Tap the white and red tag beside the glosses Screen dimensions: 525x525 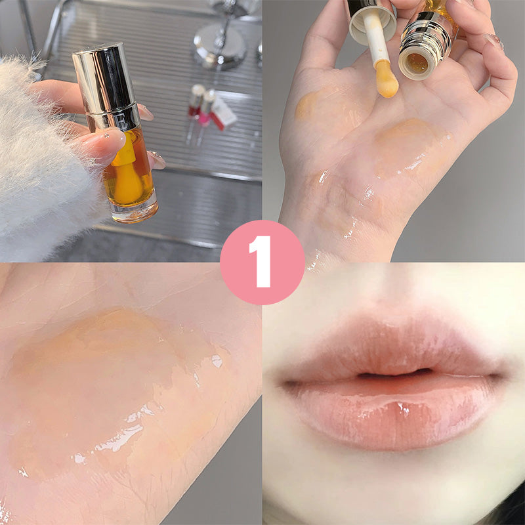click(223, 114)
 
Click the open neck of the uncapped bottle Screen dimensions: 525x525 click(417, 62)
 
